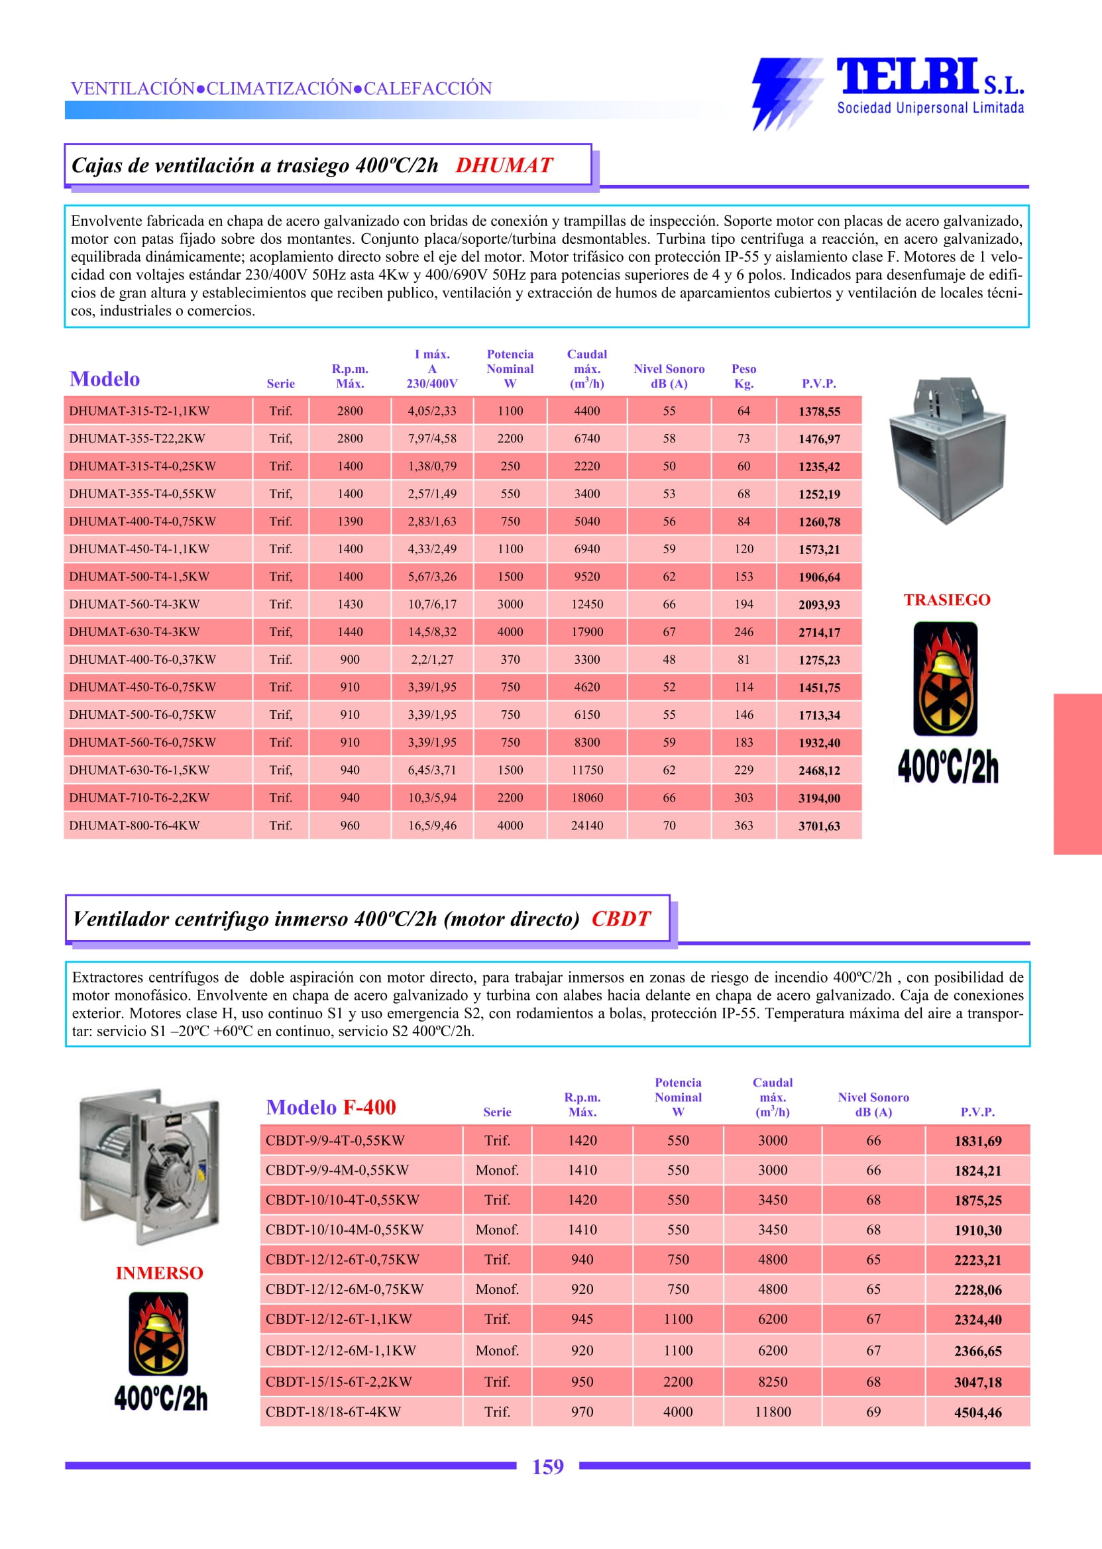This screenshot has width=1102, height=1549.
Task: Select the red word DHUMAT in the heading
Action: click(504, 166)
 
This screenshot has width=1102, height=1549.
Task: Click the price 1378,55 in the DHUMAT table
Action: click(819, 411)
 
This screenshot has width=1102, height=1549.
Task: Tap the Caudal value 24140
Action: click(587, 826)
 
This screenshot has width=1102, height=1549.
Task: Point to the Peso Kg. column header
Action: click(744, 376)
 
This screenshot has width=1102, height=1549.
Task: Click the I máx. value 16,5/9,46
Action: click(432, 826)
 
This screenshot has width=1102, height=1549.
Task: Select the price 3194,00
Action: click(819, 798)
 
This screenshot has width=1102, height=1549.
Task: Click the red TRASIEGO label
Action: click(947, 600)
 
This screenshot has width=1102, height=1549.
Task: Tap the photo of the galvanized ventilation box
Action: click(948, 451)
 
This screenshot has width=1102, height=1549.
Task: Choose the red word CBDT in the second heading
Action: click(620, 919)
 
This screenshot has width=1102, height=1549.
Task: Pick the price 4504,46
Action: click(978, 1413)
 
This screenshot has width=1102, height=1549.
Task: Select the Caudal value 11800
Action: click(773, 1412)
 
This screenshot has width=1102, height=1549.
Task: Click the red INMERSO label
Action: click(160, 1273)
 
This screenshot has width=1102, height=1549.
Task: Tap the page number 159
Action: click(547, 1467)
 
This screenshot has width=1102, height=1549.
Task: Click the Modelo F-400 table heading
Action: click(331, 1107)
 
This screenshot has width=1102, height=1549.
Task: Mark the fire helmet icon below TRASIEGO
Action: click(945, 679)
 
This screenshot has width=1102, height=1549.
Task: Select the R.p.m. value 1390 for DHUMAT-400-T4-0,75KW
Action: click(350, 522)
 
